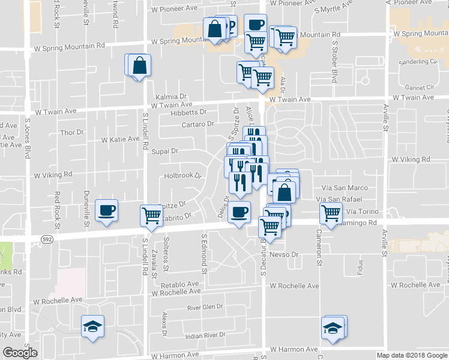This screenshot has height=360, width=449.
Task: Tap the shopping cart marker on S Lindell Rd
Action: pyautogui.click(x=151, y=215)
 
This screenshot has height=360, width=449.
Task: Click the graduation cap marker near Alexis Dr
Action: pyautogui.click(x=92, y=326)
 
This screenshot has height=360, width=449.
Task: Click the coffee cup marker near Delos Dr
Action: pyautogui.click(x=240, y=212)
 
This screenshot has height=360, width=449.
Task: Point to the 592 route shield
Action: pyautogui.click(x=47, y=239)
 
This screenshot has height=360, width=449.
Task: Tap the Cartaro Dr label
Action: pyautogui.click(x=197, y=124)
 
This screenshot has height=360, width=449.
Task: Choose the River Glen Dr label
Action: pyautogui.click(x=205, y=307)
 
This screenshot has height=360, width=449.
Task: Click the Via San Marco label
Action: pyautogui.click(x=345, y=188)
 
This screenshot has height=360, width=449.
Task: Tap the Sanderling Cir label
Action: pyautogui.click(x=417, y=61)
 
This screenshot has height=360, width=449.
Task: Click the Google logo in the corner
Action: pyautogui.click(x=20, y=353)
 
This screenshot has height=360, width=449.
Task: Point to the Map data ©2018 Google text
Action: pyautogui.click(x=411, y=355)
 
